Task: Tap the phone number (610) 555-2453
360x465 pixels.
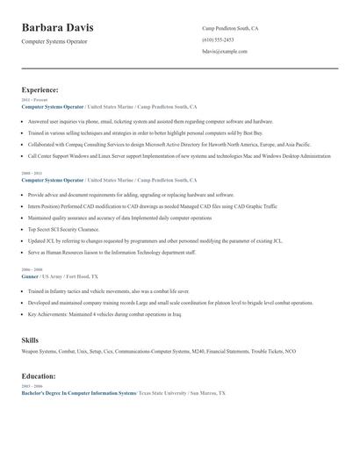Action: coord(218,39)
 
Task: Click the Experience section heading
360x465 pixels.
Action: coord(40,89)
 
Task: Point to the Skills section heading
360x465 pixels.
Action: coord(30,339)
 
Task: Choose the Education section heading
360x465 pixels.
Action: coord(39,376)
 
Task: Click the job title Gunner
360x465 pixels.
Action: coord(30,275)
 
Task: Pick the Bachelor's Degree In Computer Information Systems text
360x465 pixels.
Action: coord(79,393)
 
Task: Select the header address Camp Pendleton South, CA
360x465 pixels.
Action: coord(230,28)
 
